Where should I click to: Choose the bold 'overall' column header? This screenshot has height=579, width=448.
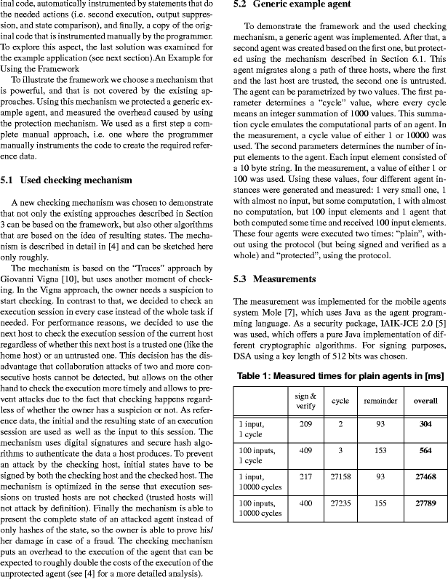click(425, 401)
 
